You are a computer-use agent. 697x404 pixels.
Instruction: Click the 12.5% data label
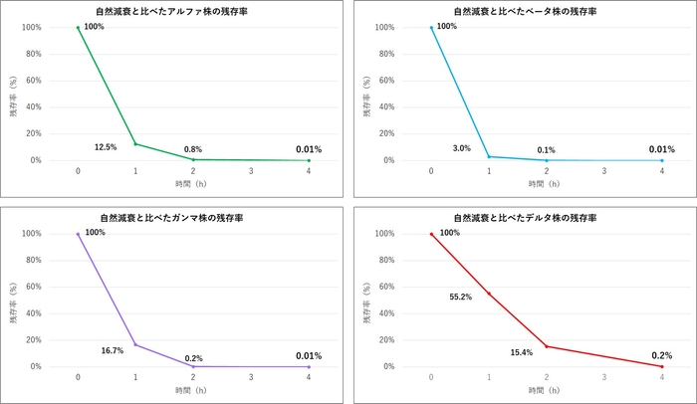106,147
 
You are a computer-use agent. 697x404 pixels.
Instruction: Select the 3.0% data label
461,148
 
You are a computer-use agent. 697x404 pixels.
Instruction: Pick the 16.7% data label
113,350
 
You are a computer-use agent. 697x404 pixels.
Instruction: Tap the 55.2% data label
462,297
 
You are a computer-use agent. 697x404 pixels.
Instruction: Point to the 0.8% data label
193,149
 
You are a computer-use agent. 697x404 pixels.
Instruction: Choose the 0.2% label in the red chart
661,355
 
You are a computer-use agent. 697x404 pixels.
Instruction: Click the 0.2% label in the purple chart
193,357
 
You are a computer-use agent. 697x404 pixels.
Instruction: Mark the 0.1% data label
547,150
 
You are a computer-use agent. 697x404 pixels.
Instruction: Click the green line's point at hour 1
135,143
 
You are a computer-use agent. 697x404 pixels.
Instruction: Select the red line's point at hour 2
547,346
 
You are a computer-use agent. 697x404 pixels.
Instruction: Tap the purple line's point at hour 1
135,344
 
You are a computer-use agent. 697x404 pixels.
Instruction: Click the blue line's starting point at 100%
431,28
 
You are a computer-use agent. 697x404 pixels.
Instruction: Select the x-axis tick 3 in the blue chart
604,171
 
